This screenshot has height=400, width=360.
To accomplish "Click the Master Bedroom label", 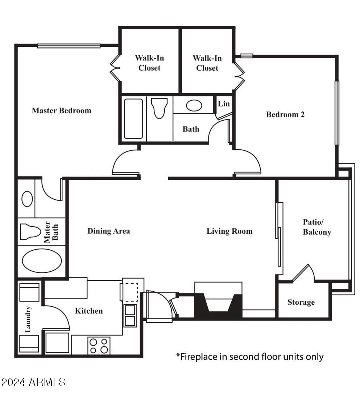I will (x=61, y=111).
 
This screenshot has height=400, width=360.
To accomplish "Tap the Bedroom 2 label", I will (x=285, y=114).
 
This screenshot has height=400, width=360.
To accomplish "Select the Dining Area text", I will (x=108, y=231).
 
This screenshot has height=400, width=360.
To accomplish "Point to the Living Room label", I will (x=229, y=231).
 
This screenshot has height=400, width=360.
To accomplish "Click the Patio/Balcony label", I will (x=317, y=227).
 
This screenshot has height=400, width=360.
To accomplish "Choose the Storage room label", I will (x=301, y=302).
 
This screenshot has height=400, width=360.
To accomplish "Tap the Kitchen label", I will (x=89, y=311).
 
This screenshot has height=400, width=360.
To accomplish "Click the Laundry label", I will (x=29, y=319).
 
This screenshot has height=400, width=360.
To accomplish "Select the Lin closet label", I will (x=224, y=104).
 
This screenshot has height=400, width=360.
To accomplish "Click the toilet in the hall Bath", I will (x=160, y=108).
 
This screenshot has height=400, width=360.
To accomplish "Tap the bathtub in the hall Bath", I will (x=133, y=119).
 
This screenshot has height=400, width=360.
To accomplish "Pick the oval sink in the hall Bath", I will (x=194, y=105).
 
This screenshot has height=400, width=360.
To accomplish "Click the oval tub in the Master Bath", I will (x=42, y=260).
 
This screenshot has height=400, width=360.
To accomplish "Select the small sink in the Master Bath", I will (x=27, y=199).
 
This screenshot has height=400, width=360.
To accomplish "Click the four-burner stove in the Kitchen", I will (x=99, y=345).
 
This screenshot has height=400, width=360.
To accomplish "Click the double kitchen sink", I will (x=130, y=316).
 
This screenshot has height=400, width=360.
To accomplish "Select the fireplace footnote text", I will (x=250, y=357).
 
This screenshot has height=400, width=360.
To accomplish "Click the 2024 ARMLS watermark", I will (x=33, y=382).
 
